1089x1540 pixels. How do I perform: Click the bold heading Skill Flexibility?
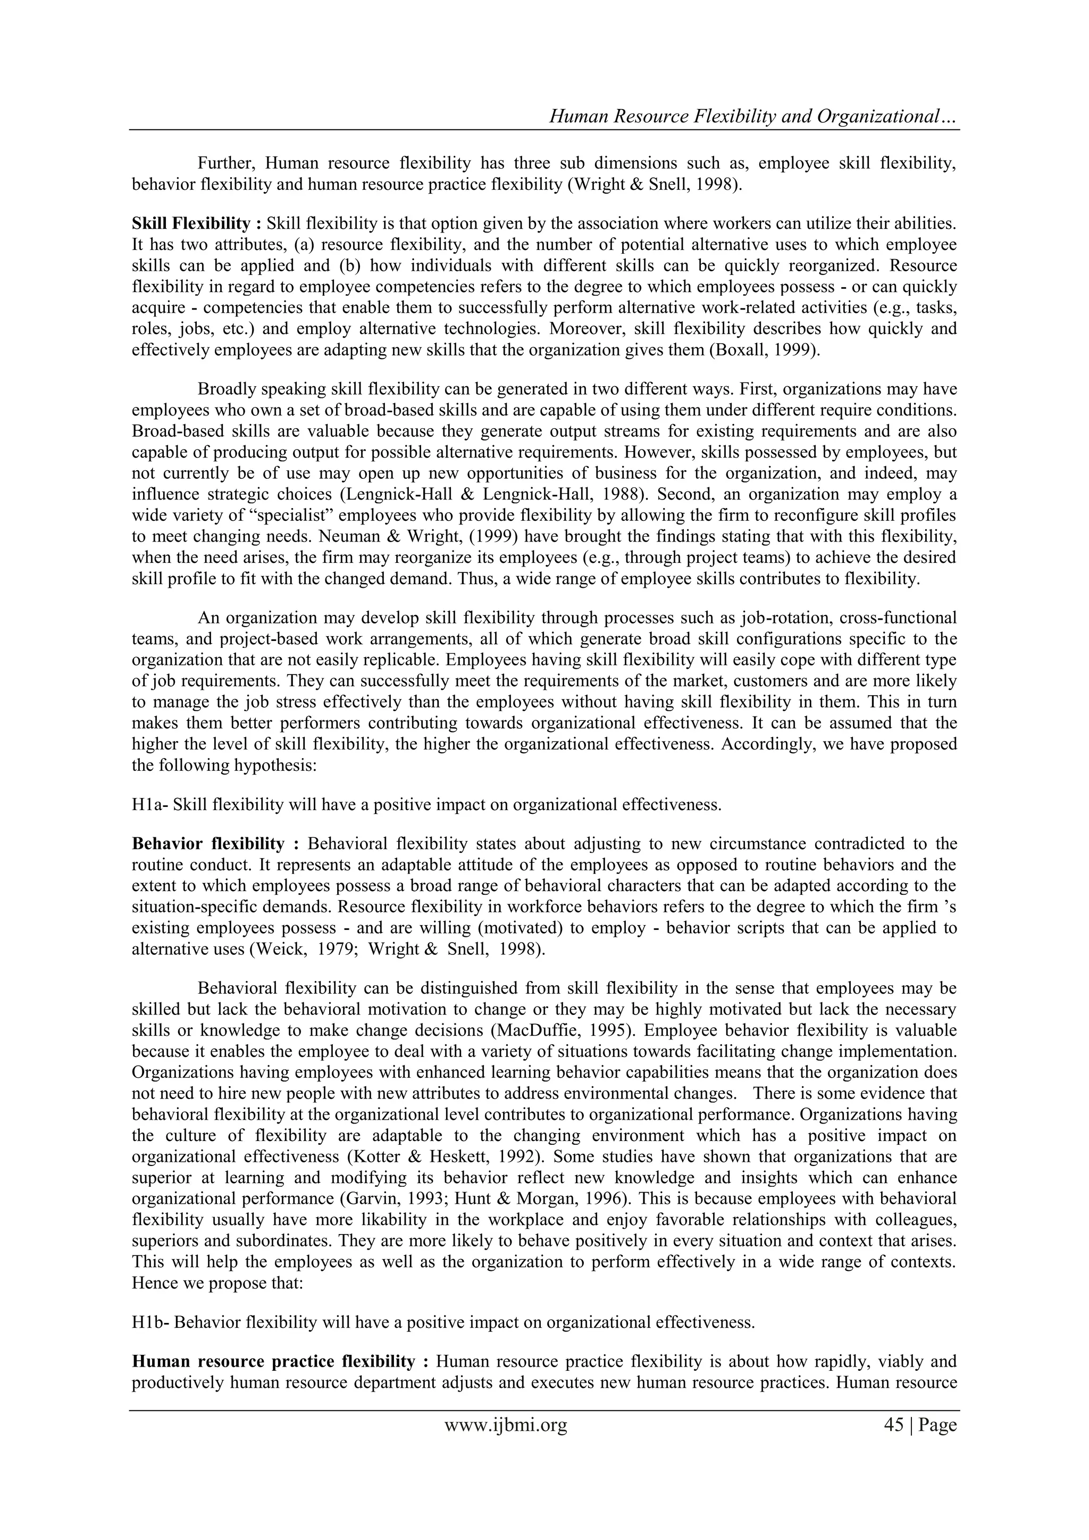(190, 223)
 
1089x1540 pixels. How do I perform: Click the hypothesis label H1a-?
(149, 804)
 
